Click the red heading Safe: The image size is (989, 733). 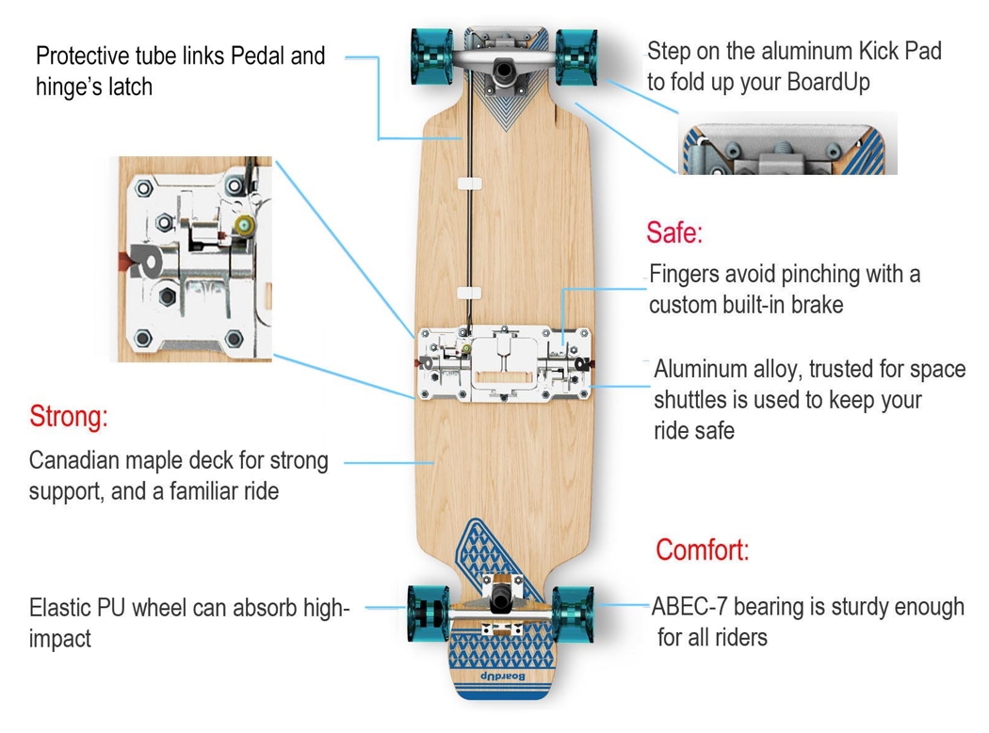click(x=674, y=232)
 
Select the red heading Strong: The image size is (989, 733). click(x=69, y=416)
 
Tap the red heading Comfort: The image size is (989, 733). click(x=703, y=550)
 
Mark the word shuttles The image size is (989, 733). click(x=690, y=400)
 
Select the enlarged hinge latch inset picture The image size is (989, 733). click(x=195, y=259)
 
